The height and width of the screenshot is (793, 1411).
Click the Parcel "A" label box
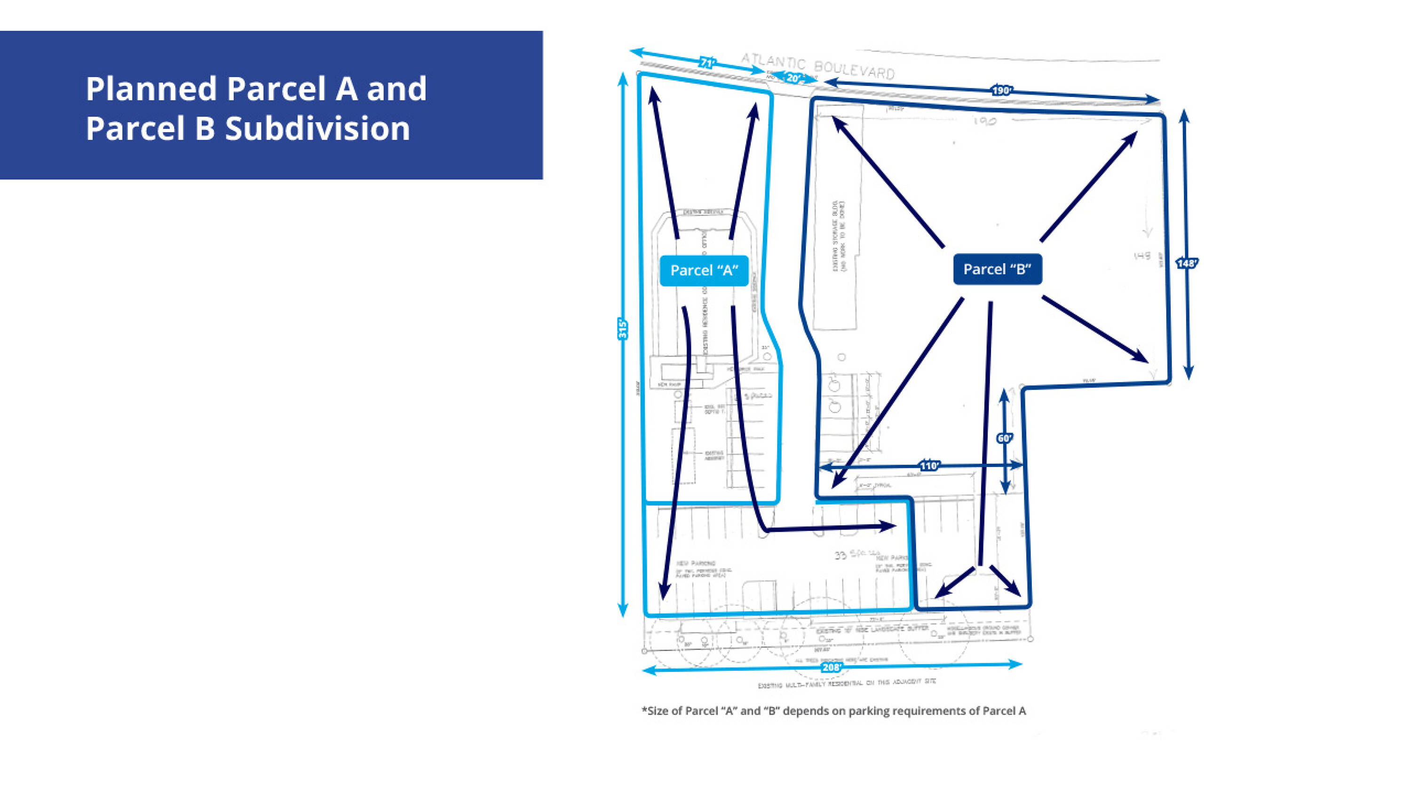point(704,270)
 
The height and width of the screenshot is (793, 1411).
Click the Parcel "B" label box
point(997,269)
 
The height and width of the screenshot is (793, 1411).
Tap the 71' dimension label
point(707,63)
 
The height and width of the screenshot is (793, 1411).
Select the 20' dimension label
point(793,78)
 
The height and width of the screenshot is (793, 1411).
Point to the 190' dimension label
point(1001,90)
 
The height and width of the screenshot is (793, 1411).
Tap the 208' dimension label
point(831,667)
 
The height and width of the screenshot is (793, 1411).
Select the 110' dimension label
point(929,466)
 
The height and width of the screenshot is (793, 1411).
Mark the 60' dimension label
point(1004,438)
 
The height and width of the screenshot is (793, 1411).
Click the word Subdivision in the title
point(317,129)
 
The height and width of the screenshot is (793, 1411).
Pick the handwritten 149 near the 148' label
point(1142,256)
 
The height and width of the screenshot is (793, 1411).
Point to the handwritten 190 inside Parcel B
point(984,121)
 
